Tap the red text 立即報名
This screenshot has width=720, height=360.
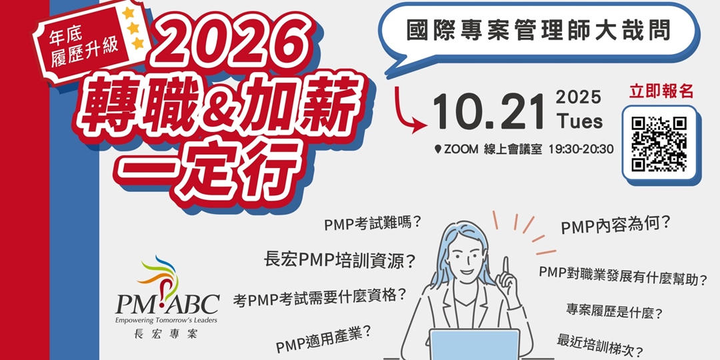click(x=661, y=91)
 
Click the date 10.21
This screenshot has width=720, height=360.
click(x=489, y=112)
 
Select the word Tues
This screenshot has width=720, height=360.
click(x=579, y=121)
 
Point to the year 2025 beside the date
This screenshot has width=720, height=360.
click(x=579, y=97)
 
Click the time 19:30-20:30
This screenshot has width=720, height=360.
click(x=581, y=149)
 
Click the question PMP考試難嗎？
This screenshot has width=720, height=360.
click(x=373, y=223)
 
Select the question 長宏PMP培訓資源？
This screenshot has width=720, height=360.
click(x=340, y=261)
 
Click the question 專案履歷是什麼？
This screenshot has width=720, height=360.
click(x=615, y=312)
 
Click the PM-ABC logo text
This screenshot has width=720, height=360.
click(x=167, y=303)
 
